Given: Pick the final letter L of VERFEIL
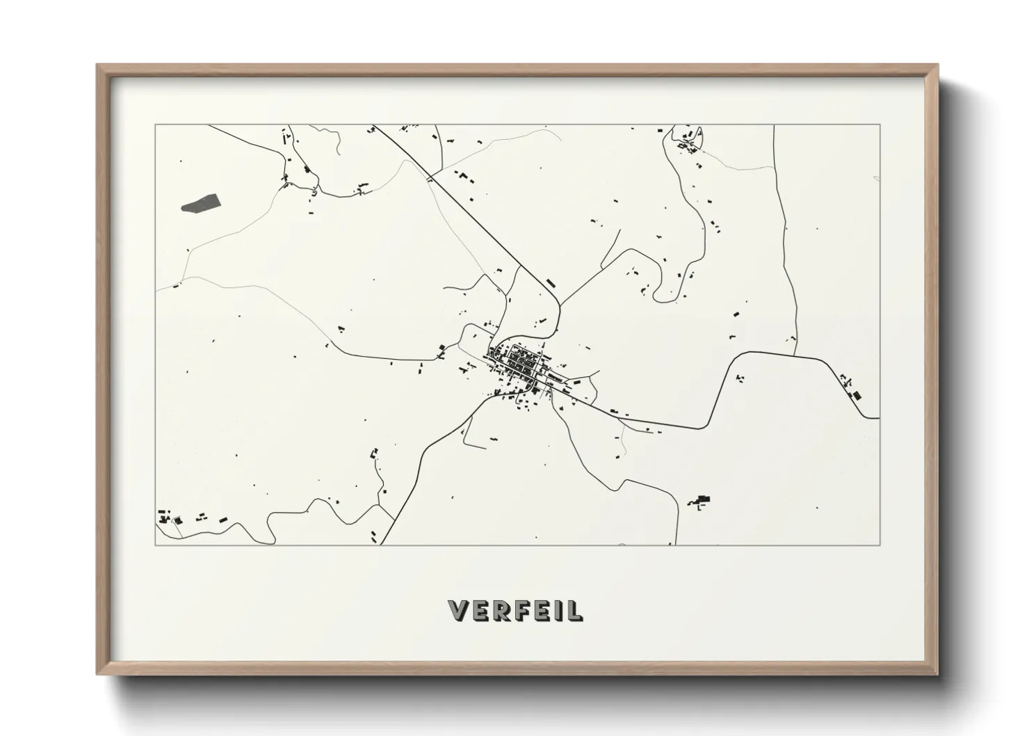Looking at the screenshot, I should click(574, 611).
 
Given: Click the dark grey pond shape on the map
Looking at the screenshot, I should click(201, 202).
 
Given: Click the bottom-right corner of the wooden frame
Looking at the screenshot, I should click(937, 673).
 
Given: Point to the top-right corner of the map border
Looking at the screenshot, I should click(880, 125).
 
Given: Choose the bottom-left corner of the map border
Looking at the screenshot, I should click(156, 545).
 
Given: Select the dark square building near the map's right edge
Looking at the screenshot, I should click(857, 395).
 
